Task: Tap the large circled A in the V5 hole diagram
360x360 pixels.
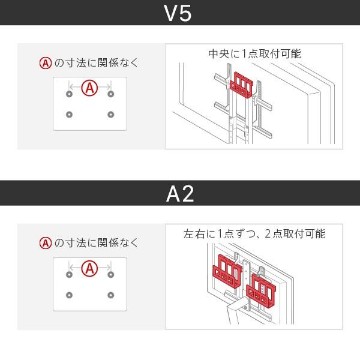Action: (x=89, y=88)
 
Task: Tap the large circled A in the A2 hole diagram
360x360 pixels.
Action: (x=89, y=268)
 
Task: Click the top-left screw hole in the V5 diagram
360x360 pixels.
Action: (x=69, y=94)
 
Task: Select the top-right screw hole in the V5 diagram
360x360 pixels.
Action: (x=110, y=94)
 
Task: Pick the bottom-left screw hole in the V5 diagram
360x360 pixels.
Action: (x=69, y=115)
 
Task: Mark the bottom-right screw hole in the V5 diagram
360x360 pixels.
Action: (x=110, y=115)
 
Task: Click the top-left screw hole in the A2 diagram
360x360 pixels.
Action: (x=69, y=274)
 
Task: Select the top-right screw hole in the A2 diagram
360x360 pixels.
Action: (x=110, y=274)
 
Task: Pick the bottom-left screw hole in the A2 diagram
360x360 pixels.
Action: (x=69, y=295)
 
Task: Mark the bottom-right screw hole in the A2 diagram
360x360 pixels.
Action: (x=110, y=295)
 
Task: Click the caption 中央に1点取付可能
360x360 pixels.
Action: (x=254, y=54)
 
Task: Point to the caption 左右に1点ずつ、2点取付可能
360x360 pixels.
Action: (x=254, y=234)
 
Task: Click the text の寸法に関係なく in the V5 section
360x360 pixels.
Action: (x=96, y=62)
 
